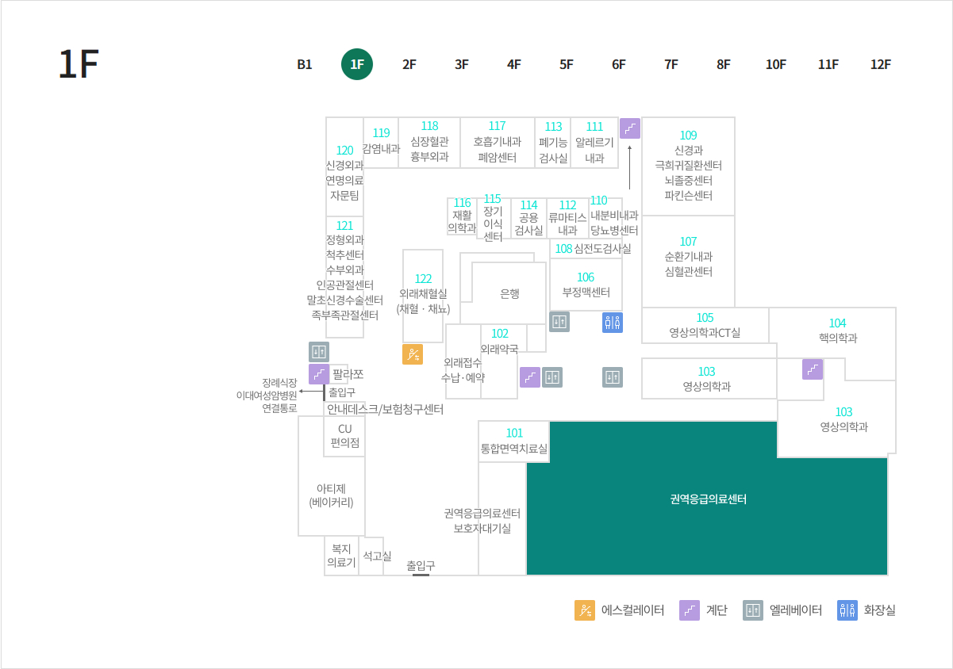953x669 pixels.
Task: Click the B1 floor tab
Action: click(305, 65)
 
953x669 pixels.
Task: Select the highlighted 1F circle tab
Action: click(357, 64)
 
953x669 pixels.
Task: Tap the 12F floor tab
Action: click(880, 65)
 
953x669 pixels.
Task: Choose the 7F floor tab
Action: click(671, 65)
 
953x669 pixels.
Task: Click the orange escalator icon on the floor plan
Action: click(413, 354)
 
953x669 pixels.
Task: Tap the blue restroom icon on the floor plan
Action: click(613, 323)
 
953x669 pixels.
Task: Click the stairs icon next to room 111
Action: click(630, 128)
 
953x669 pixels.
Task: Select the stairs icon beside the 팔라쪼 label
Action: click(319, 374)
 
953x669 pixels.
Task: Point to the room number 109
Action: click(689, 136)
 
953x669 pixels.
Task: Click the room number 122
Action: click(423, 279)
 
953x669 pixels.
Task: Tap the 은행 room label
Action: click(509, 293)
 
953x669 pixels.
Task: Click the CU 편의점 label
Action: click(345, 436)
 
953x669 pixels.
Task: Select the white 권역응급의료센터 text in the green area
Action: click(709, 499)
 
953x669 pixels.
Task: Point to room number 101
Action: click(514, 433)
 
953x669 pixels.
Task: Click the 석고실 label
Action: click(377, 556)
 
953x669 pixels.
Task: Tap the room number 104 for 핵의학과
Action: click(838, 323)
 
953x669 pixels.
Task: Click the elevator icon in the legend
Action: click(753, 610)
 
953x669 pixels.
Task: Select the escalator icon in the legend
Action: click(585, 610)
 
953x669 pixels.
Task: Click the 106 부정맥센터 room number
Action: click(586, 277)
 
